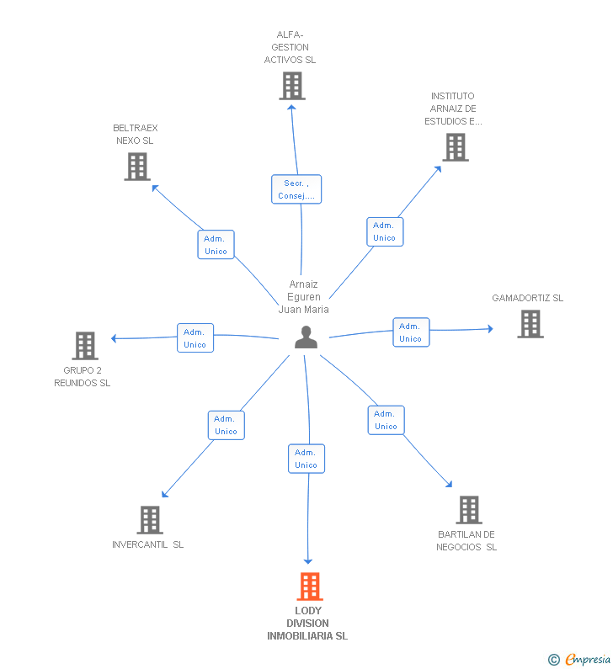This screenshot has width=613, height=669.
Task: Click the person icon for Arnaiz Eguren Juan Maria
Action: pos(306,337)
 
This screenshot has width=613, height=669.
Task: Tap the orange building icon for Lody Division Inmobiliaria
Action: pos(310,587)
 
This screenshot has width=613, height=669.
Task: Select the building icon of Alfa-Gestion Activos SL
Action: pos(291,86)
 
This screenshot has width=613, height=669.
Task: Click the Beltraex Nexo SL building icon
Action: pos(136,167)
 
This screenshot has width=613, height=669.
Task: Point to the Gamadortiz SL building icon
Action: pos(530,324)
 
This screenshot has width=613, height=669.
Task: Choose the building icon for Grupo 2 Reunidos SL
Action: pos(84,345)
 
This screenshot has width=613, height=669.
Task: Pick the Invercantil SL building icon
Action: pos(149,520)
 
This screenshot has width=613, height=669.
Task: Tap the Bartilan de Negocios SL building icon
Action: pos(468,510)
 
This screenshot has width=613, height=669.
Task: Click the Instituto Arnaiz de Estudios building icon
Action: pos(455,147)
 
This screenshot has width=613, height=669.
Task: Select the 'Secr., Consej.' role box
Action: pos(296,189)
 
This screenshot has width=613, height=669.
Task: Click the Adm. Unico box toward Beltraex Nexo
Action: pos(216,245)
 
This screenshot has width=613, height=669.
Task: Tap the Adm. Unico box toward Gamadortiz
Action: pos(411,332)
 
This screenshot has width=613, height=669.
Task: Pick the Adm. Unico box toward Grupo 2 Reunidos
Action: pos(195,338)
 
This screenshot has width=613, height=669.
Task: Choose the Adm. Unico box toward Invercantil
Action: pos(226,425)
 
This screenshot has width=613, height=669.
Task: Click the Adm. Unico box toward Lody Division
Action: pos(306,459)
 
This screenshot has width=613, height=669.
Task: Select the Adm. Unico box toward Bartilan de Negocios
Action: pos(386,420)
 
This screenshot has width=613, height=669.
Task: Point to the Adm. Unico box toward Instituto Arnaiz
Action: pos(385,231)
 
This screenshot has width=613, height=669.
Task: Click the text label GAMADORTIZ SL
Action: pos(528,298)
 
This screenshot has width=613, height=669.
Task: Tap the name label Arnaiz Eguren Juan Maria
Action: pos(304,297)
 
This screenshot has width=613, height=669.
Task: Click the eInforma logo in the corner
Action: pos(581,660)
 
